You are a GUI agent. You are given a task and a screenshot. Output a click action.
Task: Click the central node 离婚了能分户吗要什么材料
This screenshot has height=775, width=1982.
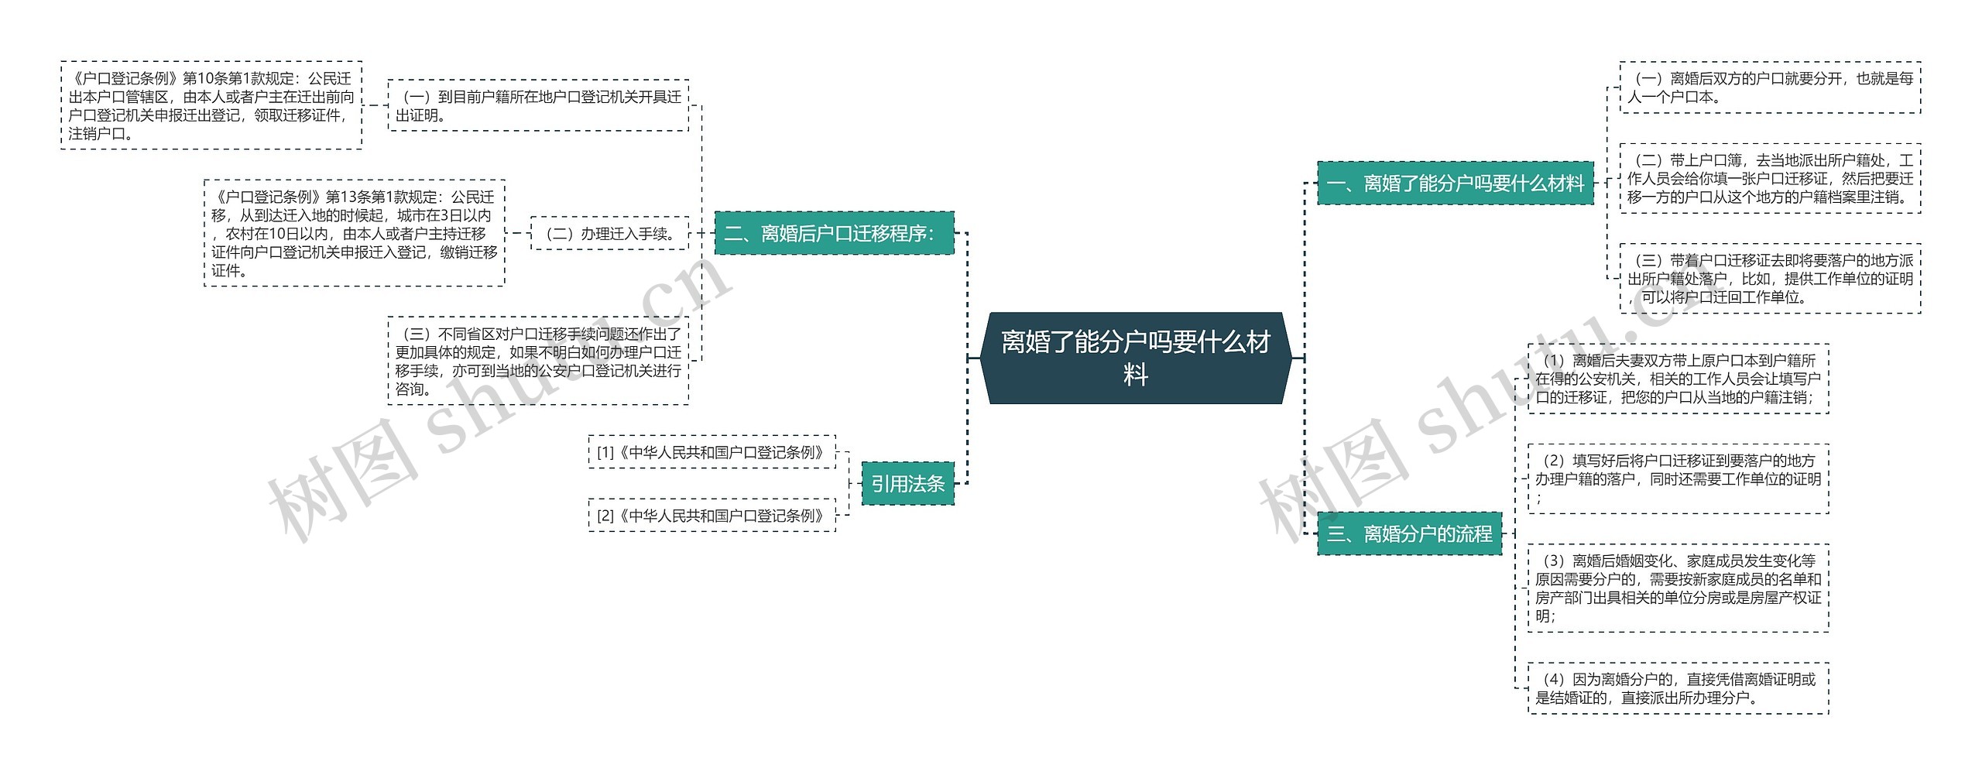[1135, 358]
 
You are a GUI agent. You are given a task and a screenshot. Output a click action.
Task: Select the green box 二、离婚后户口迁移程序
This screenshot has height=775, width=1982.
[834, 233]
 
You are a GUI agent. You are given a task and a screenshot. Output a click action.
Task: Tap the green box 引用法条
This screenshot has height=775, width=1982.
[907, 484]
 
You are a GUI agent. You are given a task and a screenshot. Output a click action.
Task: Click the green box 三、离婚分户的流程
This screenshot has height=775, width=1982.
[1409, 533]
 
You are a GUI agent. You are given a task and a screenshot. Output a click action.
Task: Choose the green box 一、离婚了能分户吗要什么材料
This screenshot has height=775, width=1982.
[1455, 183]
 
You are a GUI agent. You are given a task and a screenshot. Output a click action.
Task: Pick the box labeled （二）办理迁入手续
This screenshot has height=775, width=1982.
[609, 233]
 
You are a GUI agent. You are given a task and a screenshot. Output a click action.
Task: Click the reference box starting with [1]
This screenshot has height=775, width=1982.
[712, 452]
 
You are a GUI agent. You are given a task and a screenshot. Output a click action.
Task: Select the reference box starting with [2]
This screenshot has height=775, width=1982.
[712, 516]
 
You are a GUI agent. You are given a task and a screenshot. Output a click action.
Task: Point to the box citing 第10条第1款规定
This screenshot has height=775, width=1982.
[211, 105]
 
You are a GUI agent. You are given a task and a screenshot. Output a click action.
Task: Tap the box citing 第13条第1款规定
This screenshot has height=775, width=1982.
[354, 233]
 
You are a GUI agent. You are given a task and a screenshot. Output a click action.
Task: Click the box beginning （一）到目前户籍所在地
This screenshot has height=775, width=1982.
[538, 105]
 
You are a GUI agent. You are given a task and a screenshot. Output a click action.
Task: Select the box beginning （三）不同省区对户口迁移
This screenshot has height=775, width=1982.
[538, 361]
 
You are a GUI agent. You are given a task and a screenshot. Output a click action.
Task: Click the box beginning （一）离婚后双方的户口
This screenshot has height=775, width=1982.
[1770, 87]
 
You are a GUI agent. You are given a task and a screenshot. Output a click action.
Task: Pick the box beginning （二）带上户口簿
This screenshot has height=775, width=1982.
[1770, 178]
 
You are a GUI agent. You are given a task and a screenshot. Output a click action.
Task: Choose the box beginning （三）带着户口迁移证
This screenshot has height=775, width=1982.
[1770, 279]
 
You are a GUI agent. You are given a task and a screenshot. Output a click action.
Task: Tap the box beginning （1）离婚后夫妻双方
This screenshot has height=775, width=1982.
[1678, 379]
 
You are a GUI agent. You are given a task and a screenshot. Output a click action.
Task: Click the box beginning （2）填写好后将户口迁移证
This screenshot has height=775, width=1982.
[1678, 478]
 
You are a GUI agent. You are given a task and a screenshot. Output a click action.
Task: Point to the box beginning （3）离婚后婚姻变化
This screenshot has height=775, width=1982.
[1678, 588]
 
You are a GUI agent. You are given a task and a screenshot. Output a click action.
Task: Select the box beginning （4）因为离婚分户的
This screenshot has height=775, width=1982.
[1678, 688]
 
